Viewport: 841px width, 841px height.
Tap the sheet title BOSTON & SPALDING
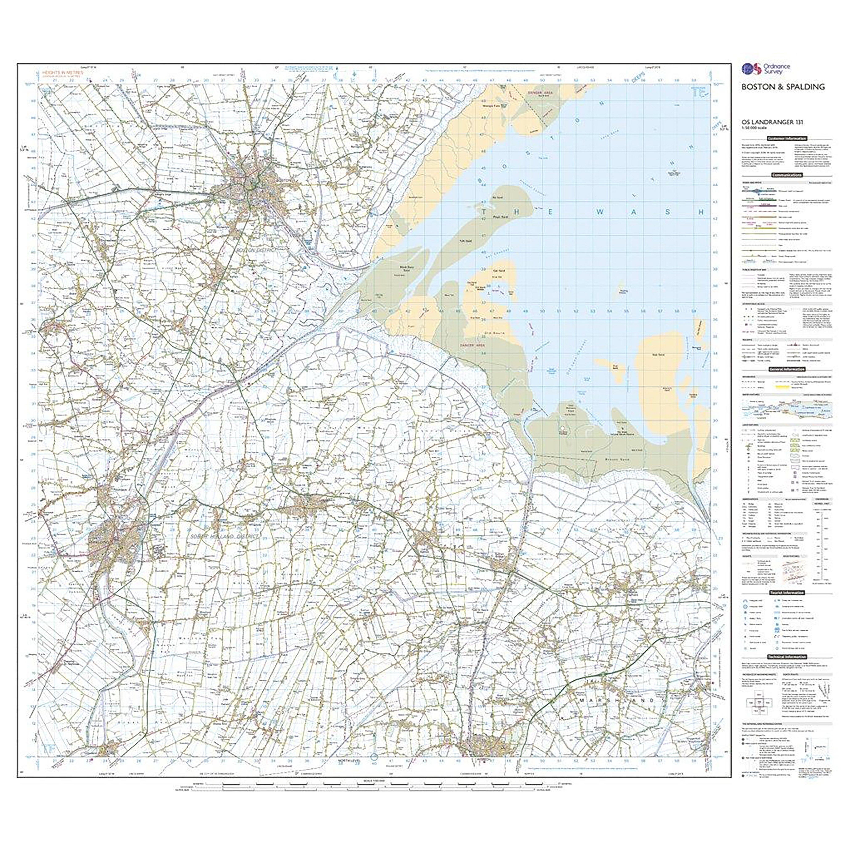pos(783,87)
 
